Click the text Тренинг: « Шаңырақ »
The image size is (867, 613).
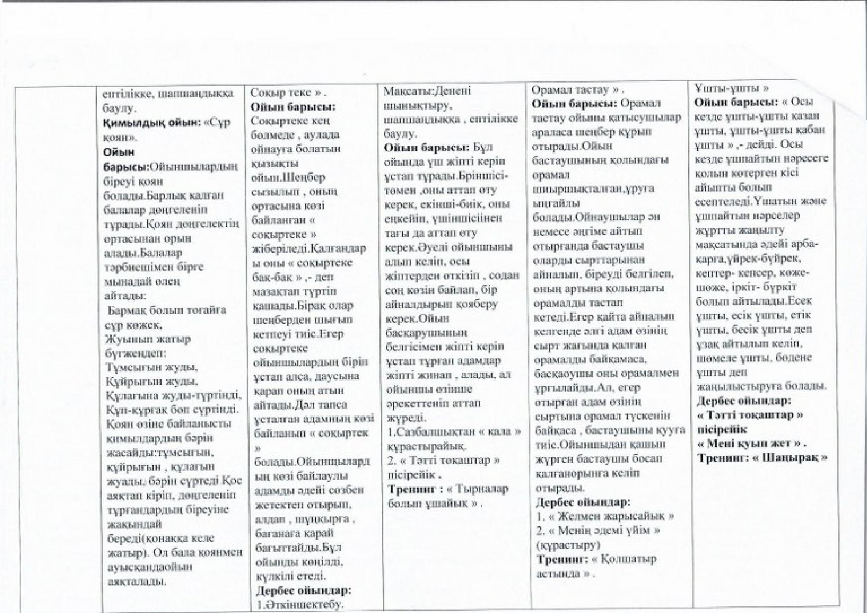click(762, 457)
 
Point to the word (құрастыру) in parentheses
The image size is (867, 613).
click(568, 545)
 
